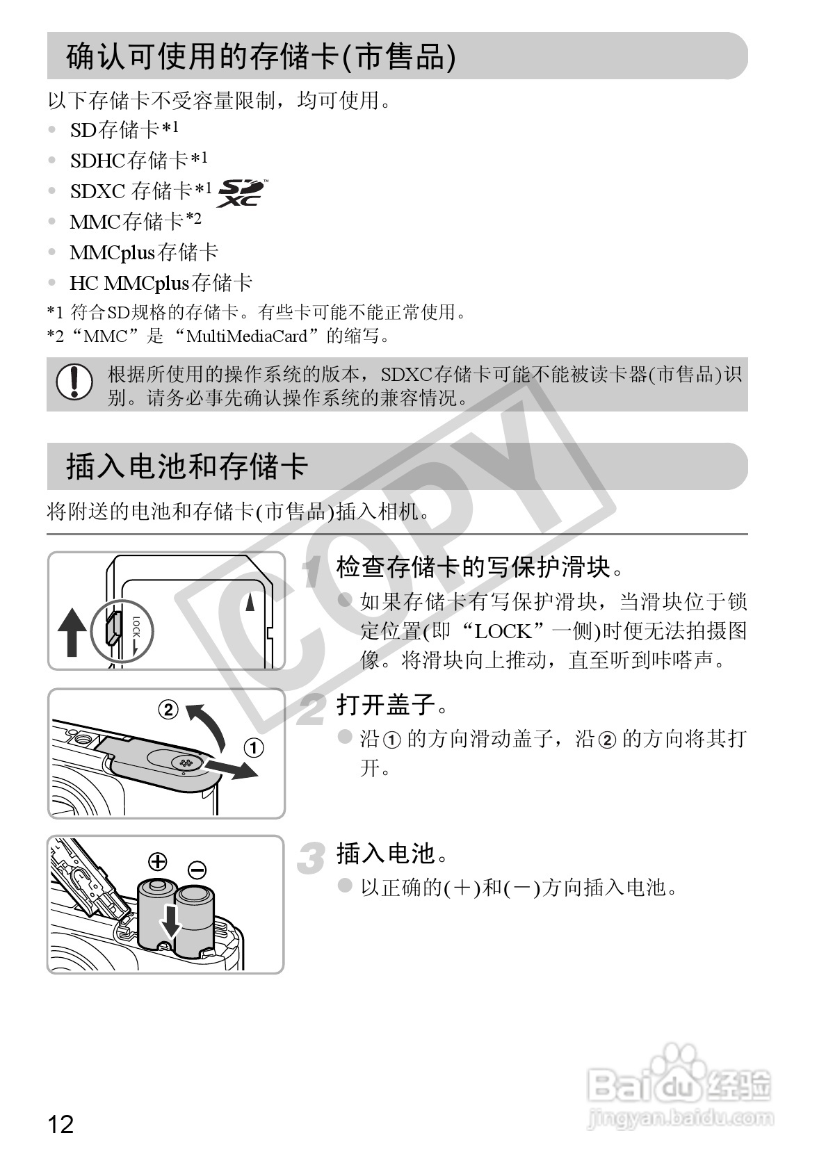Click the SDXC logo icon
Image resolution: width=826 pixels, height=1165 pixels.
241,193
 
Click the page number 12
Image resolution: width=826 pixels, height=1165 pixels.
60,1124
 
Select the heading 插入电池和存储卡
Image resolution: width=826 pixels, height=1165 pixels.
186,466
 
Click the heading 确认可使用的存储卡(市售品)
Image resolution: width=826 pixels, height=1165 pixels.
261,56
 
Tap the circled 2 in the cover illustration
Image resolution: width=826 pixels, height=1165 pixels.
168,710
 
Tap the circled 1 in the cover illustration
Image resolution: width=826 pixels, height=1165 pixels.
254,748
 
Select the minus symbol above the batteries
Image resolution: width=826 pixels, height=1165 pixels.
197,869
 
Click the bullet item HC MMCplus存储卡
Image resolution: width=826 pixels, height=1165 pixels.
161,283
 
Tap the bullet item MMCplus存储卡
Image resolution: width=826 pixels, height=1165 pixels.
144,252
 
